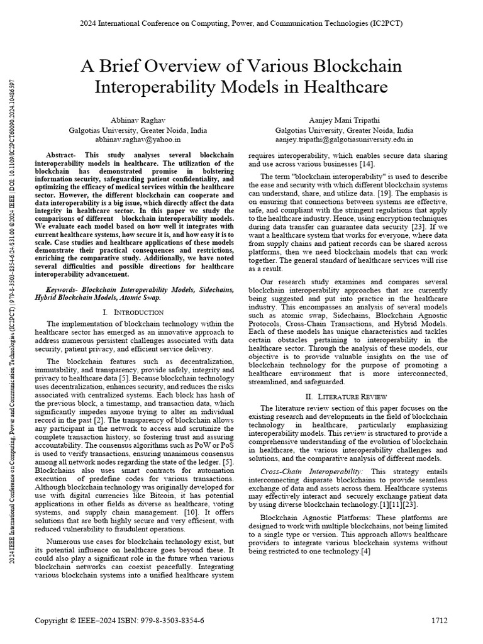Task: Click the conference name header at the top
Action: point(241,23)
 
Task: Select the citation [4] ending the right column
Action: point(366,552)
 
